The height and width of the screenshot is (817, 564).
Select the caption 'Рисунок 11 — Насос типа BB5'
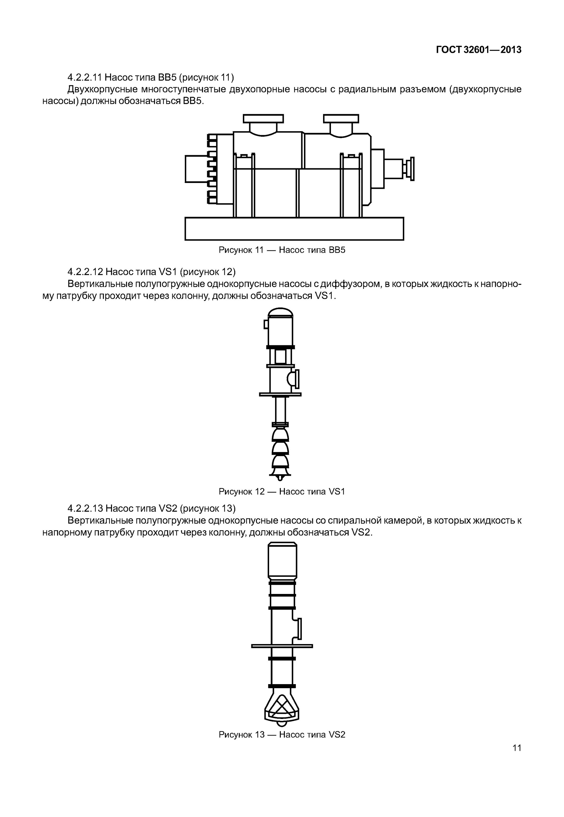pos(282,250)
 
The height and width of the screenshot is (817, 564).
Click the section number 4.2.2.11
pos(85,77)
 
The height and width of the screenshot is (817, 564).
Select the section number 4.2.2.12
pos(85,272)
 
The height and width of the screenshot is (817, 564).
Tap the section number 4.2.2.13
pos(85,508)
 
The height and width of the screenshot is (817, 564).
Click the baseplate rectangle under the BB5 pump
pos(294,229)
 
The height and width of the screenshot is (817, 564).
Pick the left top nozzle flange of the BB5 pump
pos(263,119)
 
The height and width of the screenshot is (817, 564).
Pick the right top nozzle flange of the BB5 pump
pos(341,119)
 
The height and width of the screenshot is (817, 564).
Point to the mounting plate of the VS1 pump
pos(280,394)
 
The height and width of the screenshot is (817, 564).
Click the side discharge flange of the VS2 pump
pos(300,629)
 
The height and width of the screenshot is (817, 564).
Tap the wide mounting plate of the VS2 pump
pos(282,646)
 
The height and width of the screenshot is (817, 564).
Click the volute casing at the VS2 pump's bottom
pos(282,706)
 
